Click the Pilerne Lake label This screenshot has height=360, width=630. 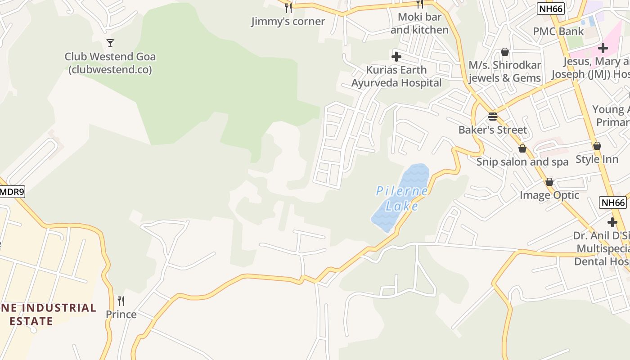(x=402, y=198)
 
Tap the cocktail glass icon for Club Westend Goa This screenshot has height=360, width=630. (x=110, y=43)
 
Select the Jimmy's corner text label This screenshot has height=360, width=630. (x=288, y=21)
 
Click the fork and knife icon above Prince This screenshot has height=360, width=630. (x=121, y=301)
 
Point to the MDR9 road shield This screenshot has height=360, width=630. (x=11, y=192)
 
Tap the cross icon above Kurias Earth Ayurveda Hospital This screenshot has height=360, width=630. (x=396, y=57)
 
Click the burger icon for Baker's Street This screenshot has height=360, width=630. (x=493, y=117)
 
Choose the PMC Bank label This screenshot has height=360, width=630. (x=558, y=31)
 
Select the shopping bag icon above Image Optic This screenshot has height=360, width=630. (x=549, y=182)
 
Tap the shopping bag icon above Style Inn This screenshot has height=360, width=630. (x=597, y=146)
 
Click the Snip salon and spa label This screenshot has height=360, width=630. (x=522, y=162)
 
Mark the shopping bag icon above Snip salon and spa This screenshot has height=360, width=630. (x=522, y=148)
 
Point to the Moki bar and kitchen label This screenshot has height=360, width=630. (x=419, y=23)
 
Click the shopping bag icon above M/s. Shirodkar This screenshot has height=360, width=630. (x=505, y=52)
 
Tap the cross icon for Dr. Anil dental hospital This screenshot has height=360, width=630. (x=612, y=222)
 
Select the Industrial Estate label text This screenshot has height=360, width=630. (x=49, y=314)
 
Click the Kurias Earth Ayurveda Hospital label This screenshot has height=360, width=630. (x=396, y=76)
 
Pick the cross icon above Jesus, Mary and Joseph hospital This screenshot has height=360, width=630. (x=603, y=48)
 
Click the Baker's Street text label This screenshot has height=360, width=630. (x=493, y=130)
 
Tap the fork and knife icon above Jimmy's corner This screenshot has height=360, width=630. (x=288, y=8)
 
